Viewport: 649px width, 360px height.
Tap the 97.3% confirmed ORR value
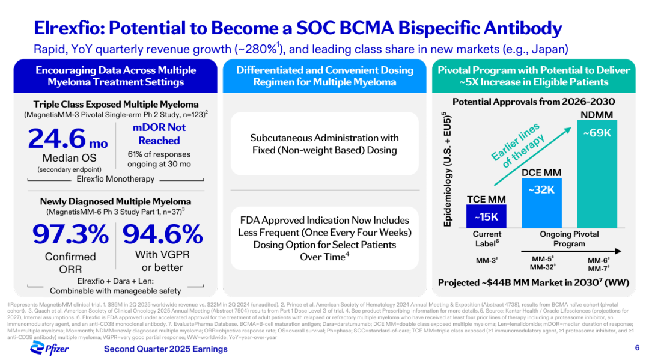click(70, 234)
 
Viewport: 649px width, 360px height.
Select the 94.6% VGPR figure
click(163, 234)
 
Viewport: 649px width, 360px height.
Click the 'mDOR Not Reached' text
click(159, 134)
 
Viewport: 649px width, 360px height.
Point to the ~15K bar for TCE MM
click(486, 216)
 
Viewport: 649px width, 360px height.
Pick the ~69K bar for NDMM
click(597, 174)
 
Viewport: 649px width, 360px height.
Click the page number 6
click(637, 348)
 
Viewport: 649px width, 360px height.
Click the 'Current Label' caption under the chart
click(487, 238)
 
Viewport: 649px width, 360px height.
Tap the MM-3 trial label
click(486, 261)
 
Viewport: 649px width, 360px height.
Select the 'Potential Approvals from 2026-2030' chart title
click(533, 102)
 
